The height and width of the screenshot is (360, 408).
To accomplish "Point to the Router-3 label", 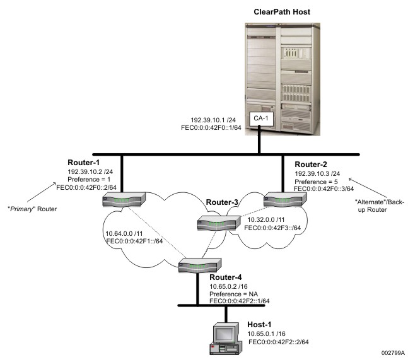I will click(x=221, y=203).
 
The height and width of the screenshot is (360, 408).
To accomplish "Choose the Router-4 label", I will click(x=226, y=276).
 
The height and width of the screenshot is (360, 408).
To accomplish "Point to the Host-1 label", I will click(x=261, y=324).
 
